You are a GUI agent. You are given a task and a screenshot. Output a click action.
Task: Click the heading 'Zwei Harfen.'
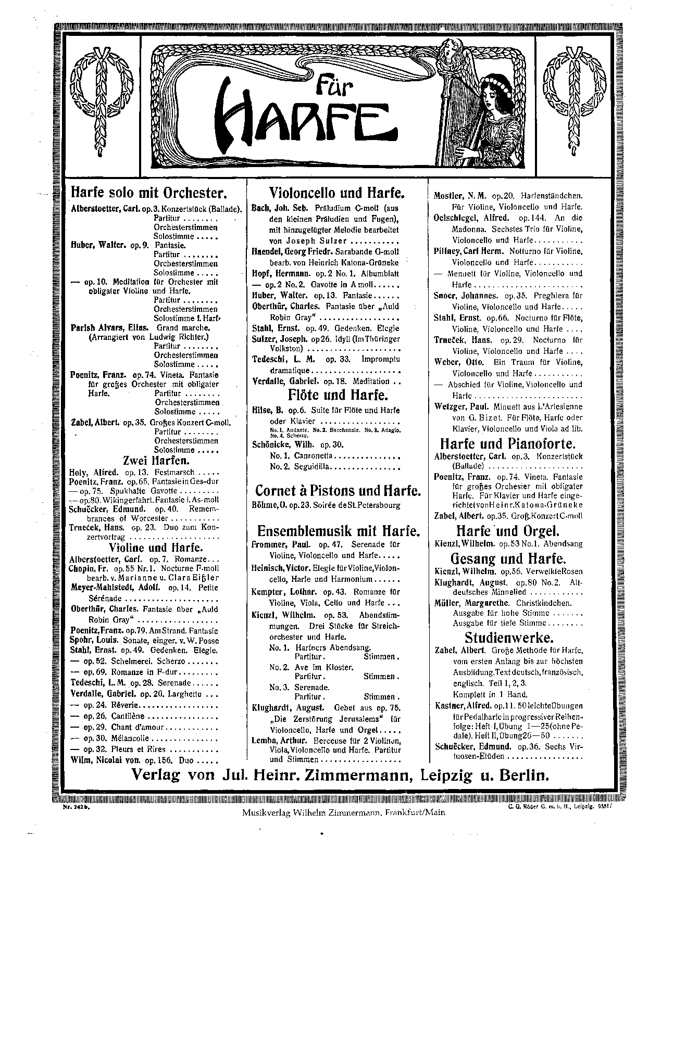[156, 461]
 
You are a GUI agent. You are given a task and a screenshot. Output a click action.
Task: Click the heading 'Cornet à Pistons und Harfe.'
[338, 491]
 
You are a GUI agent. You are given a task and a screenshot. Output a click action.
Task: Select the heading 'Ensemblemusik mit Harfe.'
[338, 531]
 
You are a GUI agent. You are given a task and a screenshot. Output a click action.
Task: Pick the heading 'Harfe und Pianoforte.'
[508, 444]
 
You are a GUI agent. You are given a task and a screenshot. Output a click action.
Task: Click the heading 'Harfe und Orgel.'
[508, 531]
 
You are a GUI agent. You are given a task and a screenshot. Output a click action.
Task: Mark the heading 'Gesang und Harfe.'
[508, 559]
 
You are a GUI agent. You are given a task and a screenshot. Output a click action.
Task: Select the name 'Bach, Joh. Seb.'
[280, 208]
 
